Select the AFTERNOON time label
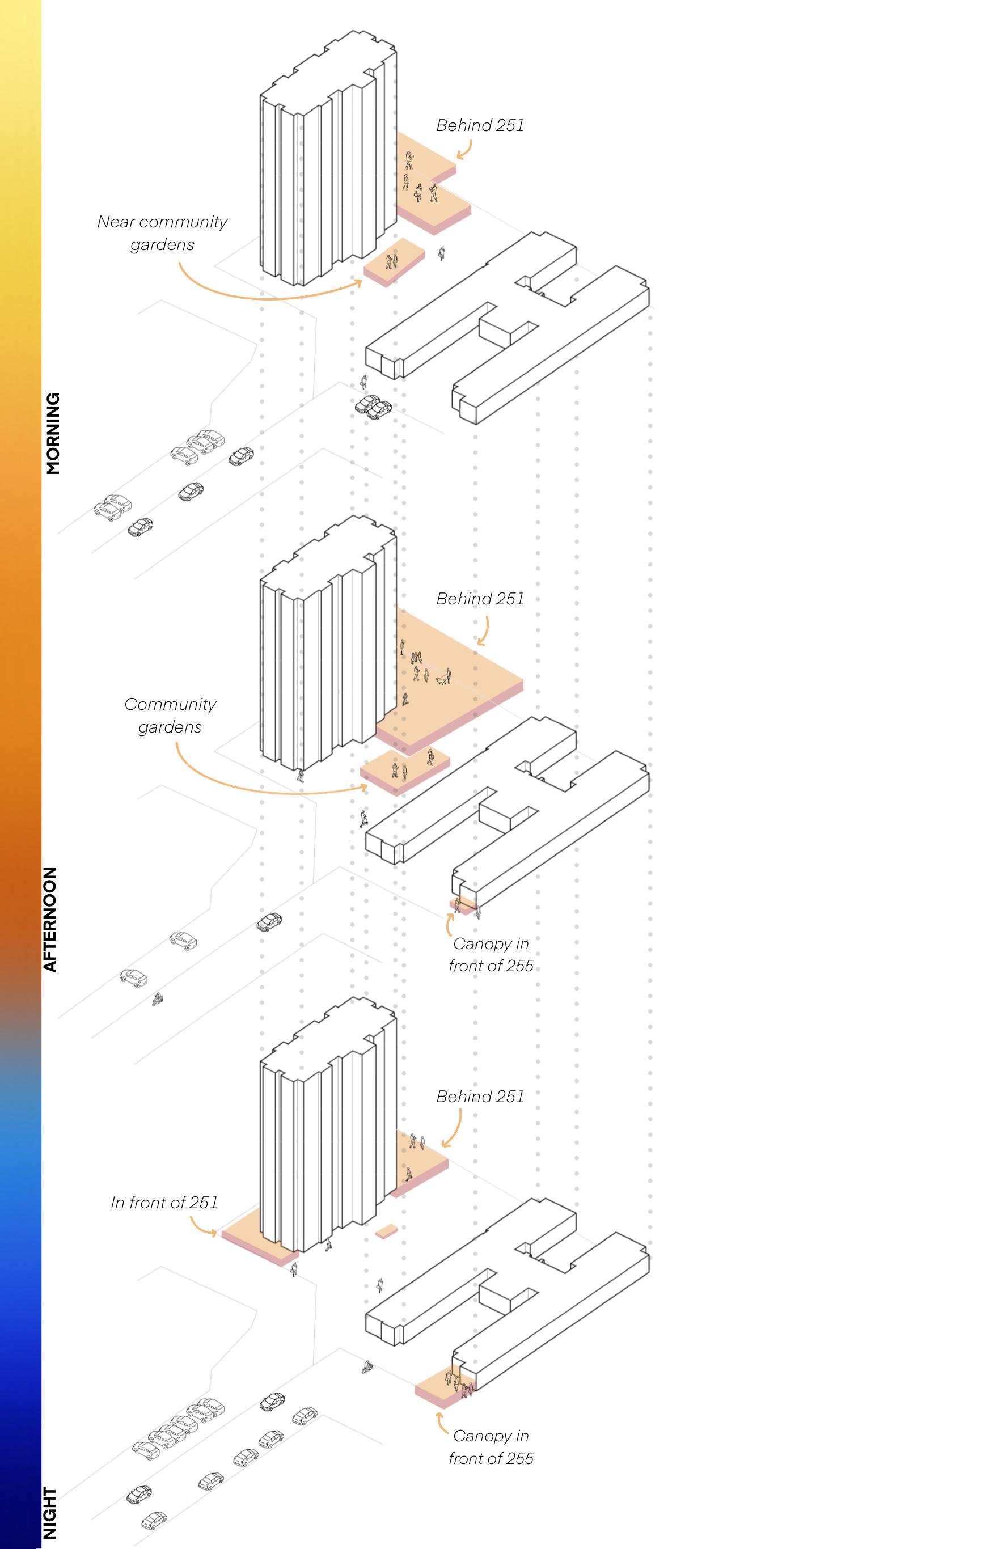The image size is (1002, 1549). coord(50,919)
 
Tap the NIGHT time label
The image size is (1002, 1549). coord(50,1513)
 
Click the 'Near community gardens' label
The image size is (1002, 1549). coord(162,233)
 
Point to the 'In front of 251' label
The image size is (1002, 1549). coord(164,1202)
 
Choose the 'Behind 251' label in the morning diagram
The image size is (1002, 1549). coord(480,125)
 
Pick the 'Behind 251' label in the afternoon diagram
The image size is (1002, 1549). coord(480,599)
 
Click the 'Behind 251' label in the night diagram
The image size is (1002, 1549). coord(480,1096)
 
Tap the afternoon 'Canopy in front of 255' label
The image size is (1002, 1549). coord(491,954)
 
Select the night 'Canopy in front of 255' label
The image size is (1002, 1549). coord(491,1447)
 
